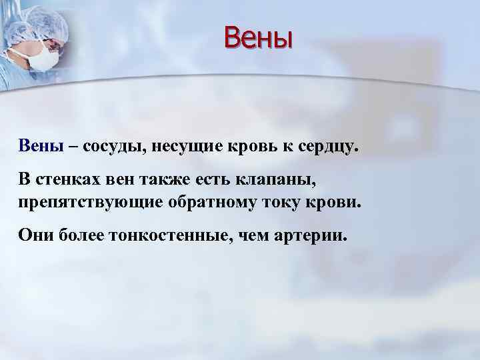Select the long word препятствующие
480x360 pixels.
81,201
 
